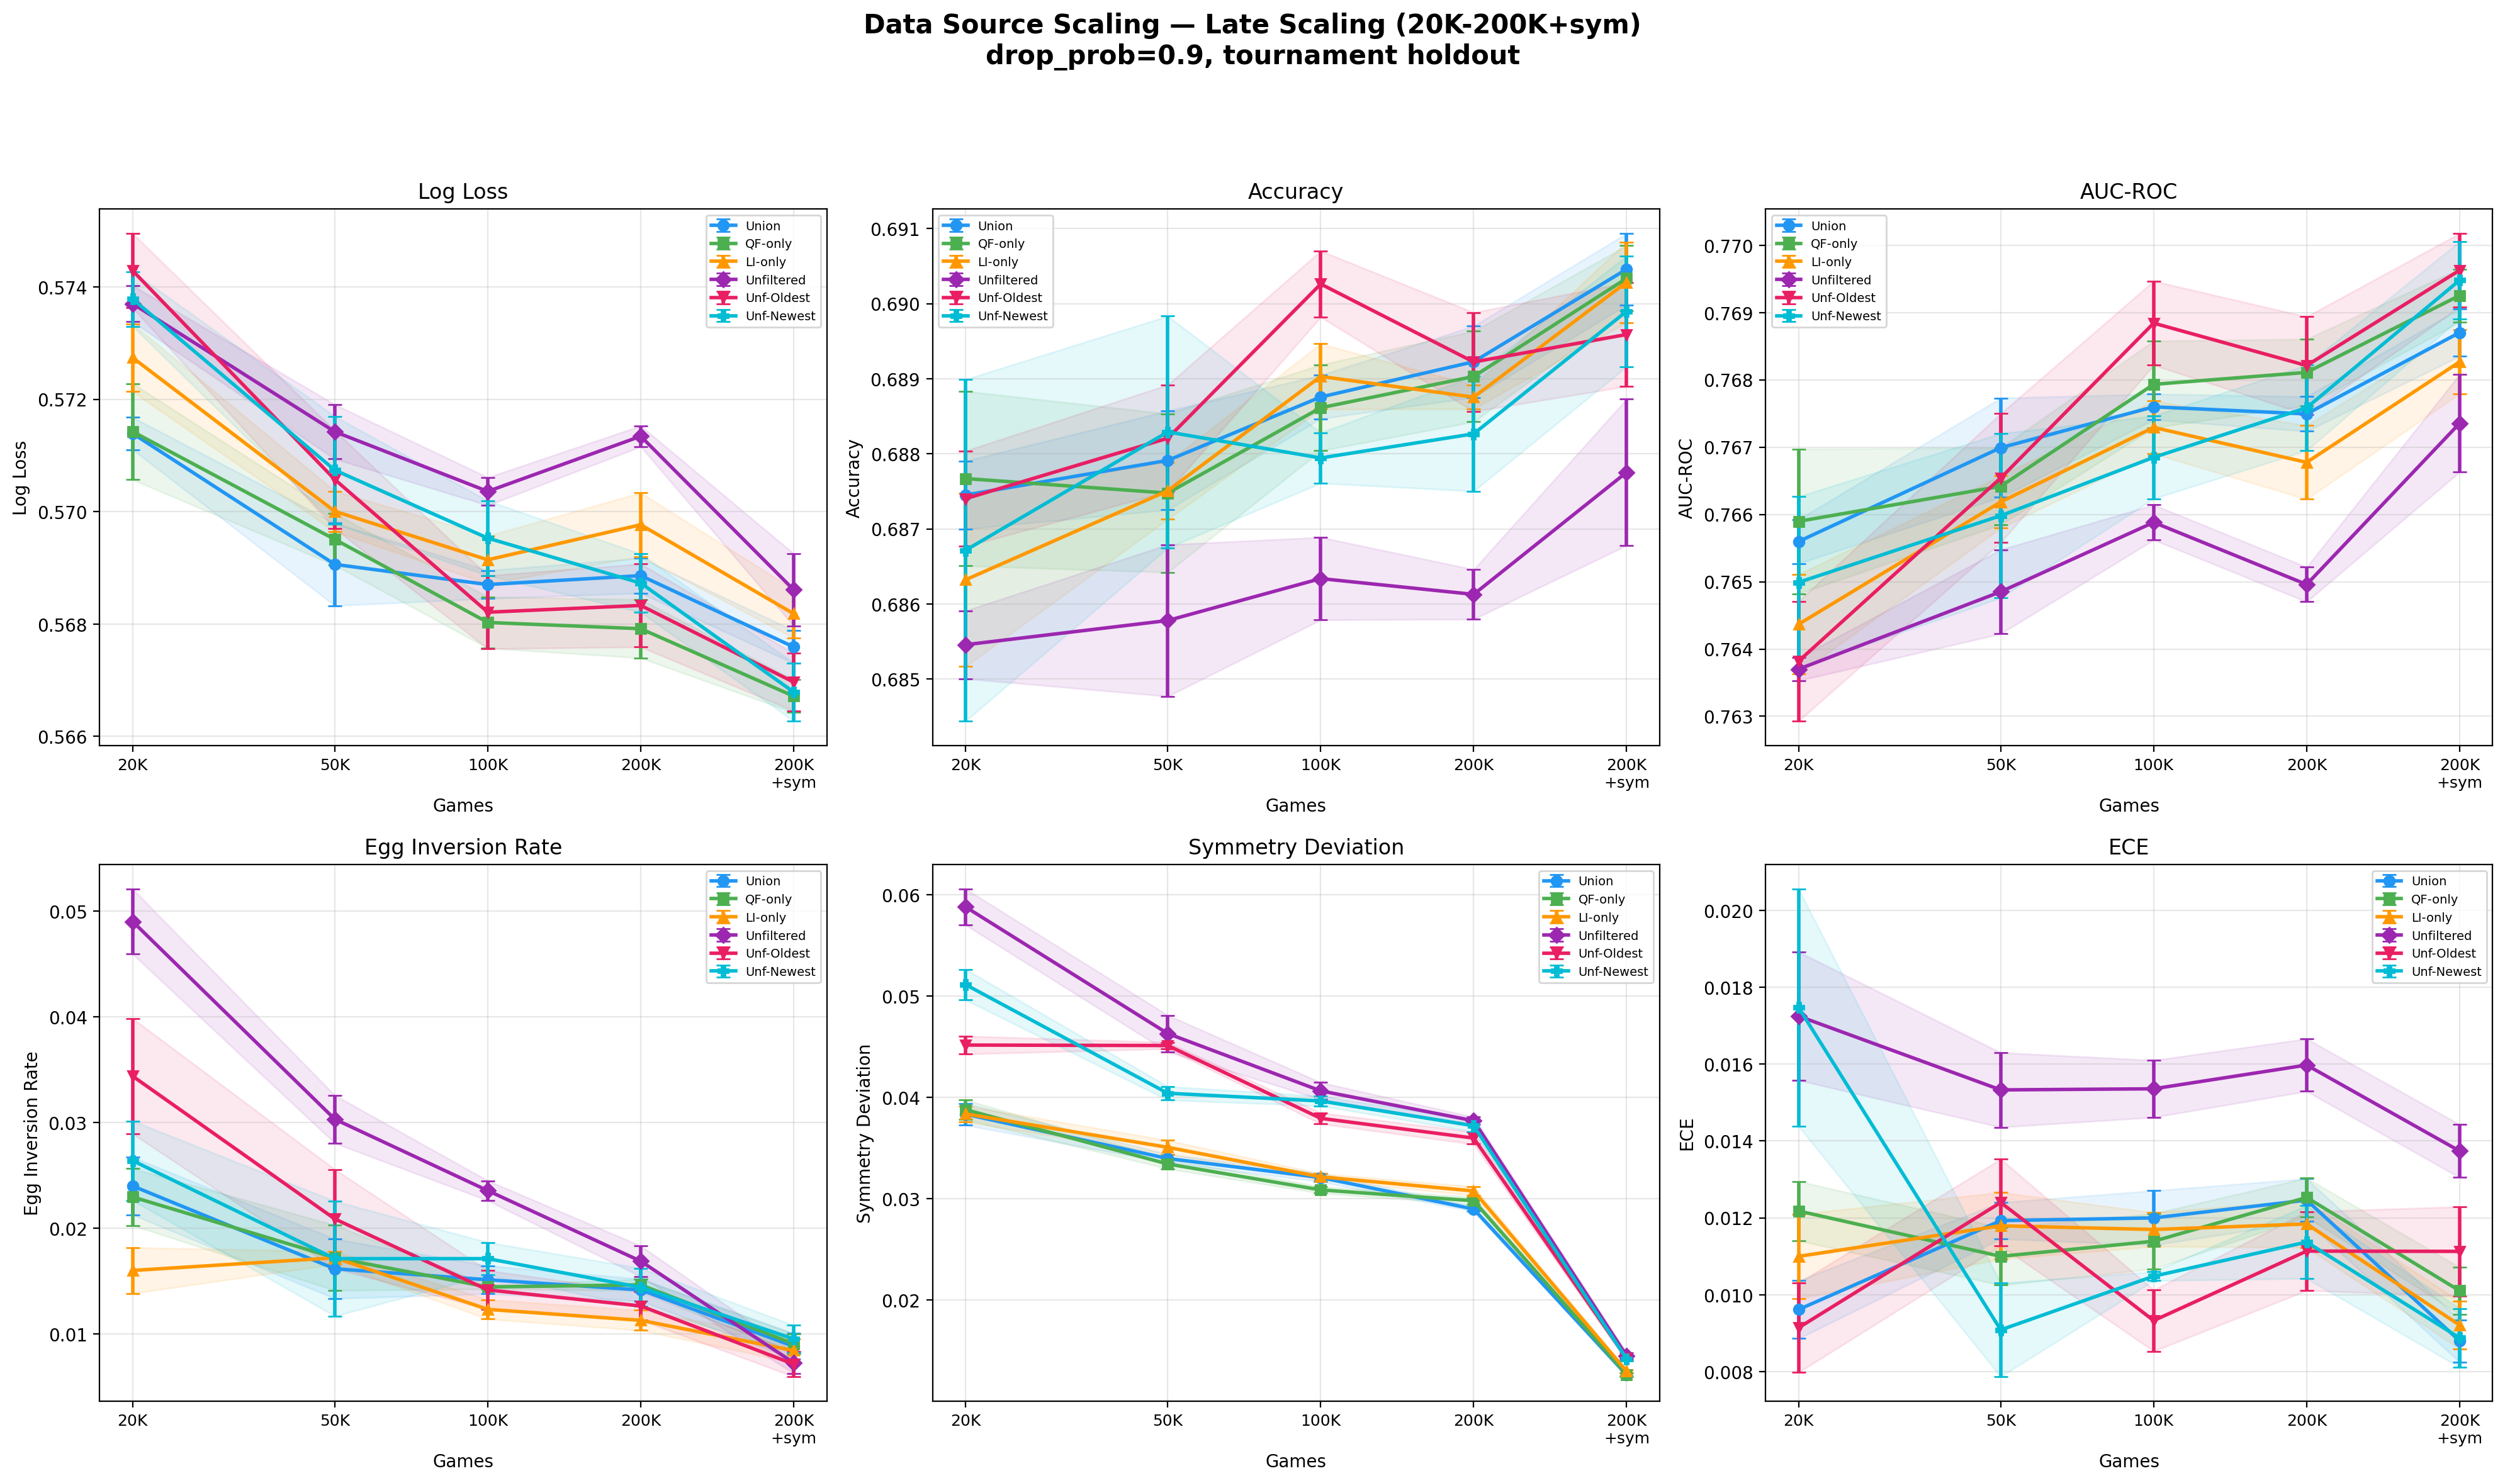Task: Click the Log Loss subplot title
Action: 462,192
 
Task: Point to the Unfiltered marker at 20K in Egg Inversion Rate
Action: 133,922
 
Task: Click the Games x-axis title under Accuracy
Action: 1295,805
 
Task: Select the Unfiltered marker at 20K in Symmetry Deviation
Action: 965,907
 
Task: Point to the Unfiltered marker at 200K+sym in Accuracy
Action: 1626,473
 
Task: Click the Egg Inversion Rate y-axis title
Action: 32,1133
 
